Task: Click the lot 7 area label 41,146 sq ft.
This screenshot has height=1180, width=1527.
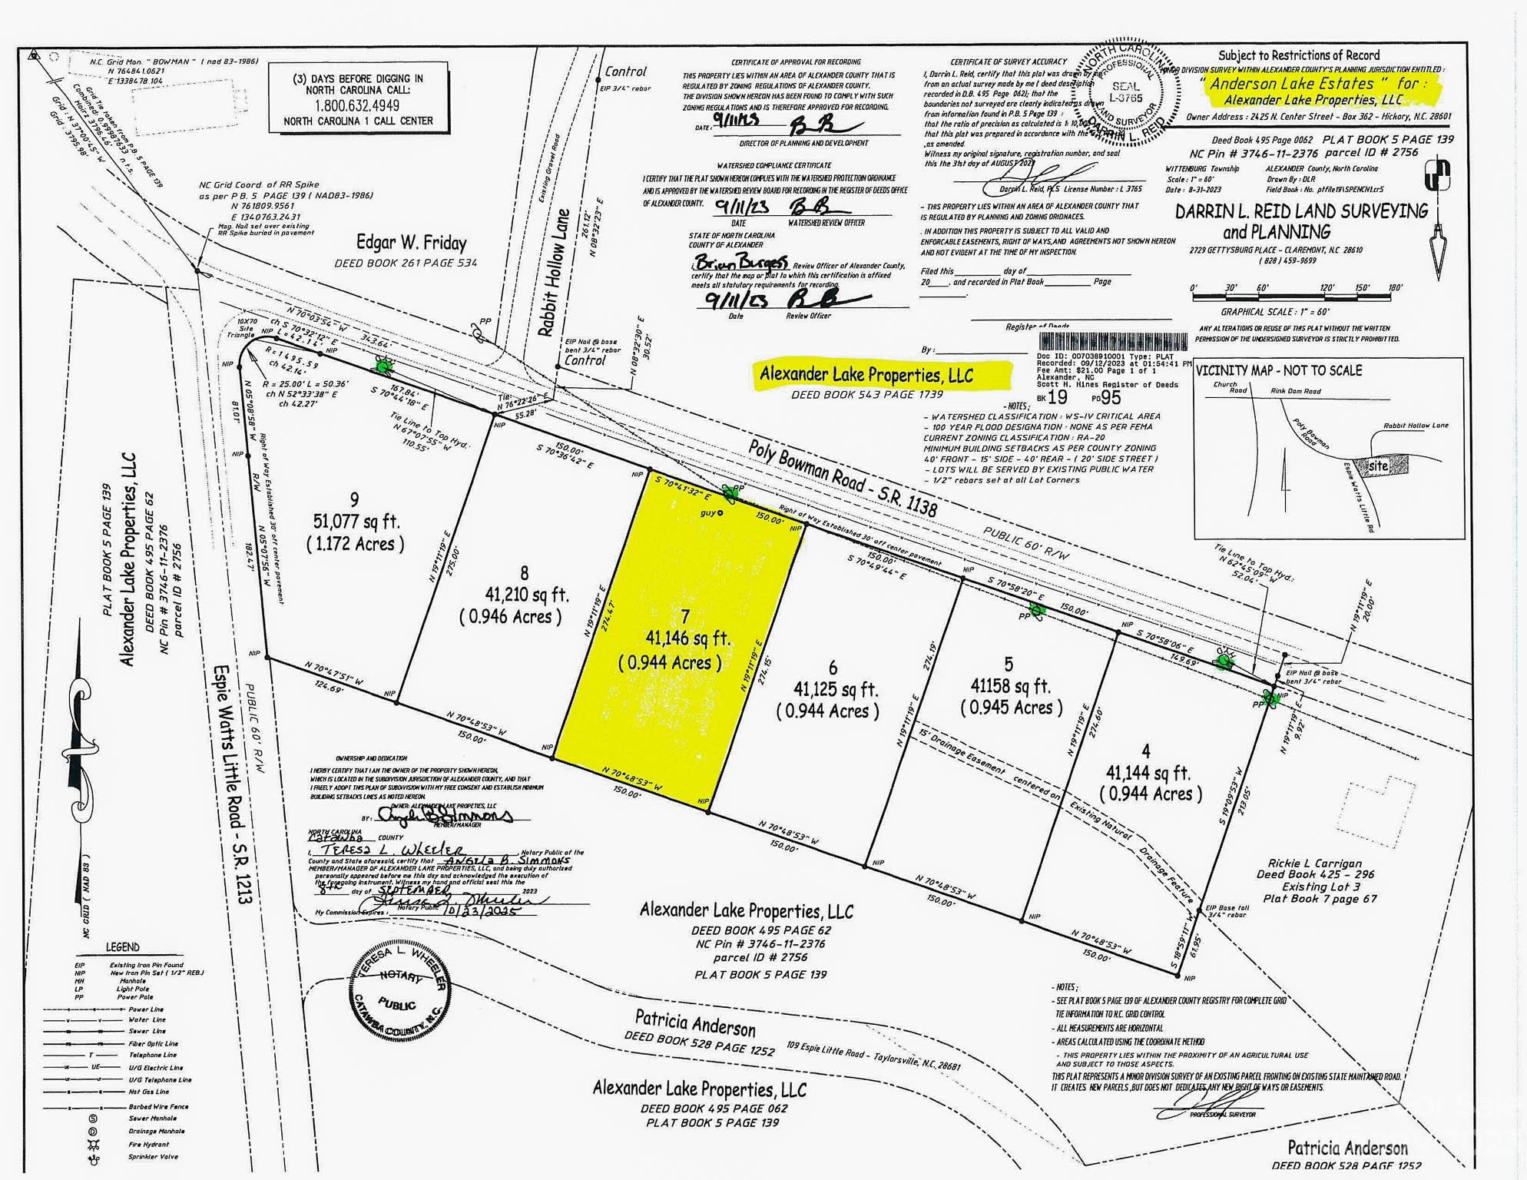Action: pos(687,638)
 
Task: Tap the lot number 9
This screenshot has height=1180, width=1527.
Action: pos(354,500)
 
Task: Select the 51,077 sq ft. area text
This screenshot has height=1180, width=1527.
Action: pos(356,522)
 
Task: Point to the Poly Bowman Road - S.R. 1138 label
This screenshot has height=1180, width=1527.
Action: pos(843,478)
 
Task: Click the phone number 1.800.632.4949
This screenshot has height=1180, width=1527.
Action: pos(357,105)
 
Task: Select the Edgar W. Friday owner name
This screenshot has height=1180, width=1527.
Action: pos(411,244)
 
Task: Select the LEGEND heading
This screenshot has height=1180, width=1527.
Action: pos(123,947)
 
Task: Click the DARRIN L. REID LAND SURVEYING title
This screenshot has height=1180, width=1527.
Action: pos(1301,212)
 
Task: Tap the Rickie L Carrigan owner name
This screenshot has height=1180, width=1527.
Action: pos(1314,863)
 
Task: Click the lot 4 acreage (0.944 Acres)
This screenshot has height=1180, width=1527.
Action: pos(1151,794)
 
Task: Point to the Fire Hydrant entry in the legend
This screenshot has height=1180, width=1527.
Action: pos(148,1144)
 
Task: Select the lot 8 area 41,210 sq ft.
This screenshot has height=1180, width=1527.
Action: pos(527,595)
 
